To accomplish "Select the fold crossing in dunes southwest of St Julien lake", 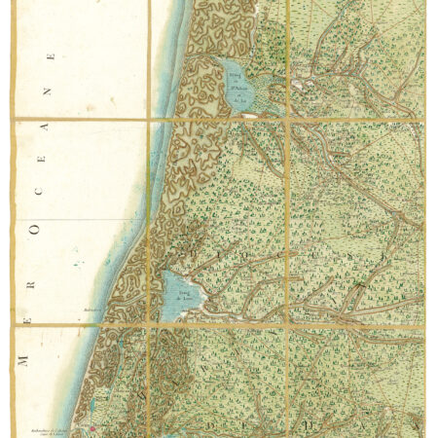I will (x=149, y=119).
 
